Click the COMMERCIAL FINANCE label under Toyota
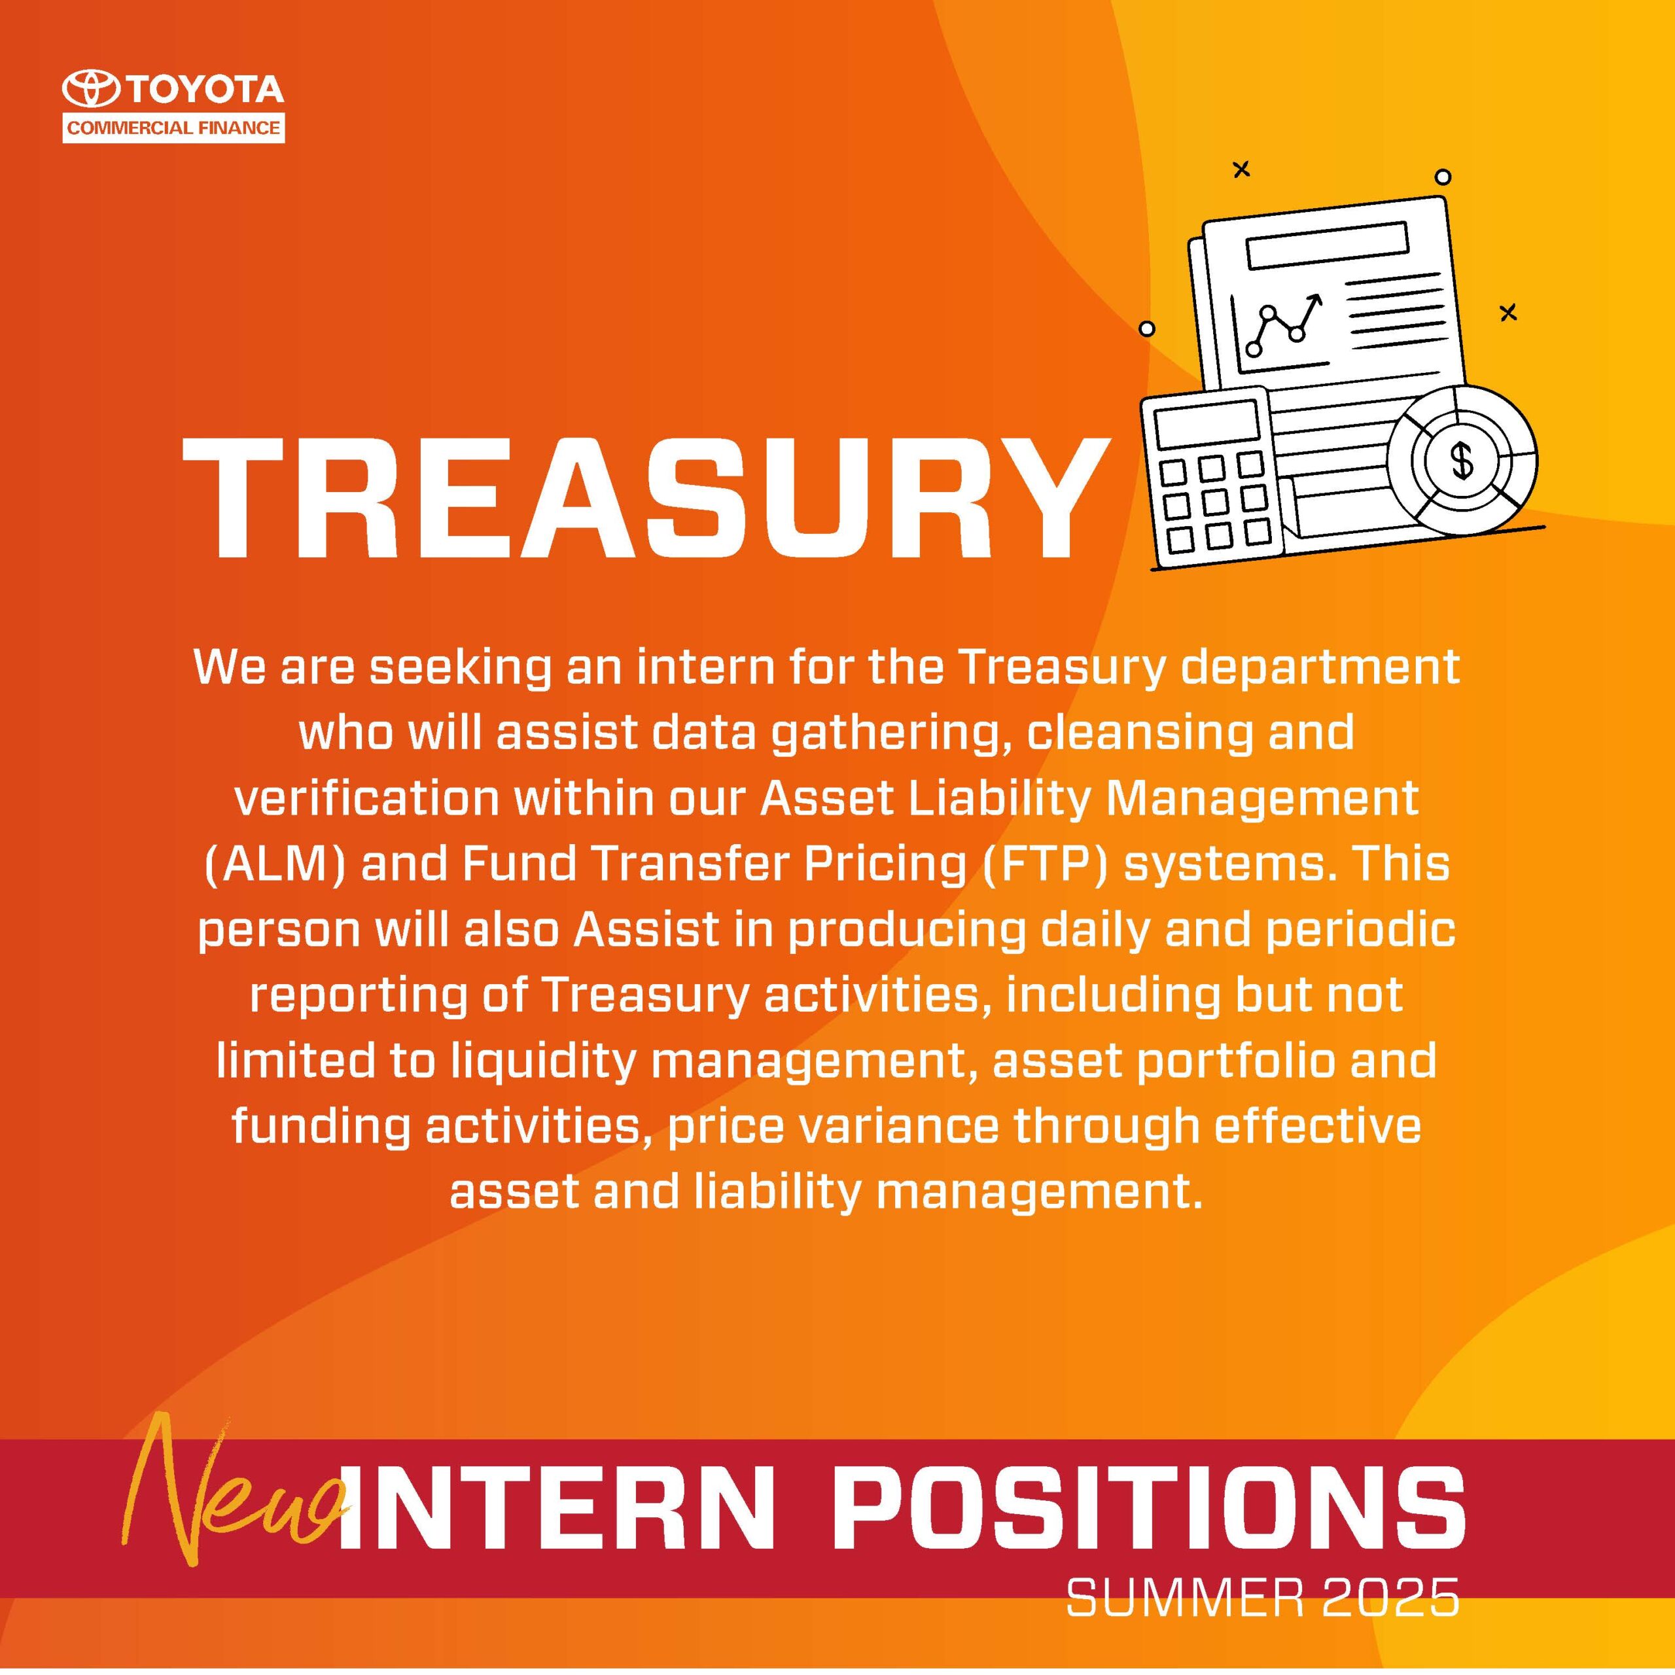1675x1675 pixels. [x=173, y=128]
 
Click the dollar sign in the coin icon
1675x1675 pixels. [x=1462, y=459]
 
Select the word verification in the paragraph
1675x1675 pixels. [x=366, y=798]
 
